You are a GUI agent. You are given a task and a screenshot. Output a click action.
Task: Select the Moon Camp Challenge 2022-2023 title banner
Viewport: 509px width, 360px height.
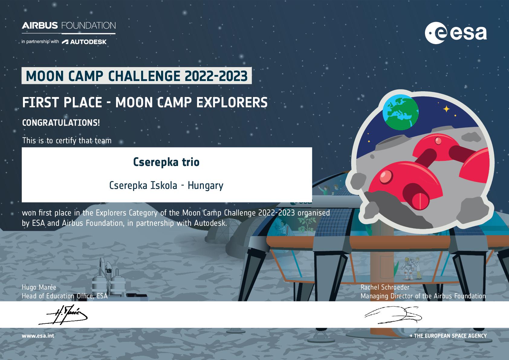(137, 76)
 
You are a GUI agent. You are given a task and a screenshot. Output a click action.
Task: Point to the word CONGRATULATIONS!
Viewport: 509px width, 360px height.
(61, 123)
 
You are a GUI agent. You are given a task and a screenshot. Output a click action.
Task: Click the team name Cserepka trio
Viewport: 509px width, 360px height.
(166, 162)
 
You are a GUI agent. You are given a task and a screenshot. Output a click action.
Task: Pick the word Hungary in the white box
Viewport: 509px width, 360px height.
(206, 186)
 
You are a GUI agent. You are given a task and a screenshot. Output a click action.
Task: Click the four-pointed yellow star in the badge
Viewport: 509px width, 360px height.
(446, 109)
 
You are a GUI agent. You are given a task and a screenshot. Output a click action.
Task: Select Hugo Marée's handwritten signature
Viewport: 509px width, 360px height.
(63, 315)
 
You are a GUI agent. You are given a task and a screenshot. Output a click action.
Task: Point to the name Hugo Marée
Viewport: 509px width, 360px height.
(39, 287)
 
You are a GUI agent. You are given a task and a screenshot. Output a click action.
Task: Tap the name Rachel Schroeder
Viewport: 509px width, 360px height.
(385, 287)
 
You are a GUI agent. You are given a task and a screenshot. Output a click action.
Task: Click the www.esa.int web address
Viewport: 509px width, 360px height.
(38, 336)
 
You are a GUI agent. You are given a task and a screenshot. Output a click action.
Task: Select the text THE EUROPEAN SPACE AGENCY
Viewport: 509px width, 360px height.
(450, 336)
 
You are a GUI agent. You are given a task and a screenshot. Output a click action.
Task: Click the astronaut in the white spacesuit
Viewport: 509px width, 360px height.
(408, 268)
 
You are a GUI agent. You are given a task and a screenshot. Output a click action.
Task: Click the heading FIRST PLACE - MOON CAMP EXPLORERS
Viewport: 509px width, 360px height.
(145, 102)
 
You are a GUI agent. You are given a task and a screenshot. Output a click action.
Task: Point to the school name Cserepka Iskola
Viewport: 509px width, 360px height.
(143, 186)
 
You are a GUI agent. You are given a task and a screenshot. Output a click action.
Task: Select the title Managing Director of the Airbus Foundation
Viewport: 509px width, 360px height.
(423, 296)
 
